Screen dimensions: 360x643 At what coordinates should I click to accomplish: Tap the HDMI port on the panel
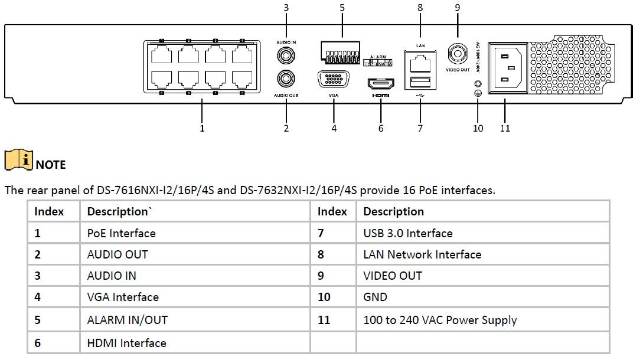click(x=381, y=83)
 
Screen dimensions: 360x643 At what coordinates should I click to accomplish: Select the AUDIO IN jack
click(x=286, y=55)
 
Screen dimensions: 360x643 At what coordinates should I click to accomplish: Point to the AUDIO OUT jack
click(x=286, y=78)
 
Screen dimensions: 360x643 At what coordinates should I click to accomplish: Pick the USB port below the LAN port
click(x=419, y=81)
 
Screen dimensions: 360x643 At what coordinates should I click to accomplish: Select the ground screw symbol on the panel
click(x=478, y=93)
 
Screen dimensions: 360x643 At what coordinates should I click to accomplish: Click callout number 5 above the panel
click(x=342, y=8)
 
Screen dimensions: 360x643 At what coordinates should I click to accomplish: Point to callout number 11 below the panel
click(x=505, y=128)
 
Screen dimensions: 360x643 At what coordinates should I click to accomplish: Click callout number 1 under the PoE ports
click(x=202, y=128)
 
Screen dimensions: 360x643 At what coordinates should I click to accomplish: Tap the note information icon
click(x=18, y=161)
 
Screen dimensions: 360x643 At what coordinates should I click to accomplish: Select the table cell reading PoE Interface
click(x=122, y=233)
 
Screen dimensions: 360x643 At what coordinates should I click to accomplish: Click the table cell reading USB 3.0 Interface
click(x=408, y=233)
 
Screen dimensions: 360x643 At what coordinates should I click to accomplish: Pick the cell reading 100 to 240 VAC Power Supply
click(x=440, y=320)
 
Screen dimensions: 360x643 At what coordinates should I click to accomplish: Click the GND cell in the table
click(x=376, y=297)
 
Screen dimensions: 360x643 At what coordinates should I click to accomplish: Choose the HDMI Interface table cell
click(x=127, y=343)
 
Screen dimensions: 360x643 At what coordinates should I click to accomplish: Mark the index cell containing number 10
click(x=324, y=297)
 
